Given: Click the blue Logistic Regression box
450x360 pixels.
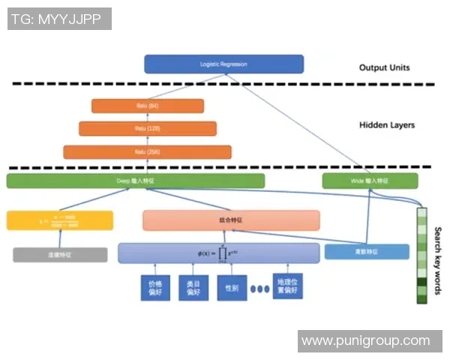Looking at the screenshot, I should point(223,64).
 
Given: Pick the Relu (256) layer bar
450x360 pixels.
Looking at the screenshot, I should point(147,151).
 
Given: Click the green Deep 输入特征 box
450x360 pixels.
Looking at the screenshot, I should point(135,181).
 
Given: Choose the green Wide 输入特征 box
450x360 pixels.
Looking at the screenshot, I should point(370,181).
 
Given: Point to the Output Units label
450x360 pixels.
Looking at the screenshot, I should point(384,67).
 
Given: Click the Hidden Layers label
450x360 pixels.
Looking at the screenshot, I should point(386,125).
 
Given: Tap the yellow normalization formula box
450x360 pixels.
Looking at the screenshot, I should point(60,220).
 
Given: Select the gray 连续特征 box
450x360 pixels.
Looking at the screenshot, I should point(55,255).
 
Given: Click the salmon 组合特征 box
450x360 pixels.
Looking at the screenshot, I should point(231,220).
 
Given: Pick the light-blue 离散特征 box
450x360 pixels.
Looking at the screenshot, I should point(367,252).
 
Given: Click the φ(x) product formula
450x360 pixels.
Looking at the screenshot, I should point(218,253).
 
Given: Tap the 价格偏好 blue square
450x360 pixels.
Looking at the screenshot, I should point(156,288).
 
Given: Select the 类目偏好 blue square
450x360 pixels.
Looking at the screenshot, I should point(193,288).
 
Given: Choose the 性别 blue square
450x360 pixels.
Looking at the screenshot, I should point(229,288).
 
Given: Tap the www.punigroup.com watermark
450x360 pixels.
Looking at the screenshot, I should point(365,341).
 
